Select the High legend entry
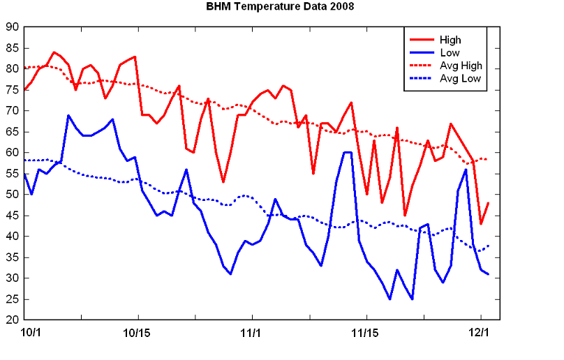(x=450, y=40)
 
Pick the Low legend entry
(x=449, y=52)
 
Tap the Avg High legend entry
(x=461, y=66)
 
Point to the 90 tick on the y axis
(x=12, y=27)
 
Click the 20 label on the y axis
(x=12, y=320)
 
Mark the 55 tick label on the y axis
(x=12, y=174)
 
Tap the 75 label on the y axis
(x=12, y=90)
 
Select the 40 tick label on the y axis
(x=12, y=237)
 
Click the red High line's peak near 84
(x=54, y=52)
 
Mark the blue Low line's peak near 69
(x=68, y=115)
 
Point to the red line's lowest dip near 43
(x=481, y=224)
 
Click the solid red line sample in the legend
(x=421, y=40)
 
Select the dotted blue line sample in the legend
(x=421, y=78)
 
